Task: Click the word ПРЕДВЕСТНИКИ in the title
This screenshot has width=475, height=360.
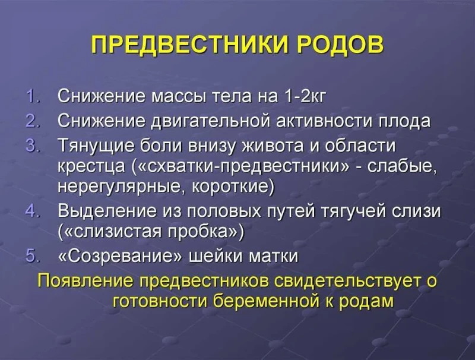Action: (x=187, y=45)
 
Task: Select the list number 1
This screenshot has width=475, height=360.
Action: (x=31, y=96)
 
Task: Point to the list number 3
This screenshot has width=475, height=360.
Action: (x=31, y=145)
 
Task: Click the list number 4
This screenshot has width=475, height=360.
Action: (x=31, y=210)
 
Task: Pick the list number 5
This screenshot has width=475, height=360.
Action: (x=31, y=257)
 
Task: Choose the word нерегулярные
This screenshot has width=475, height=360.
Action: (x=122, y=186)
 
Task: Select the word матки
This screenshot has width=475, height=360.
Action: (x=273, y=257)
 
